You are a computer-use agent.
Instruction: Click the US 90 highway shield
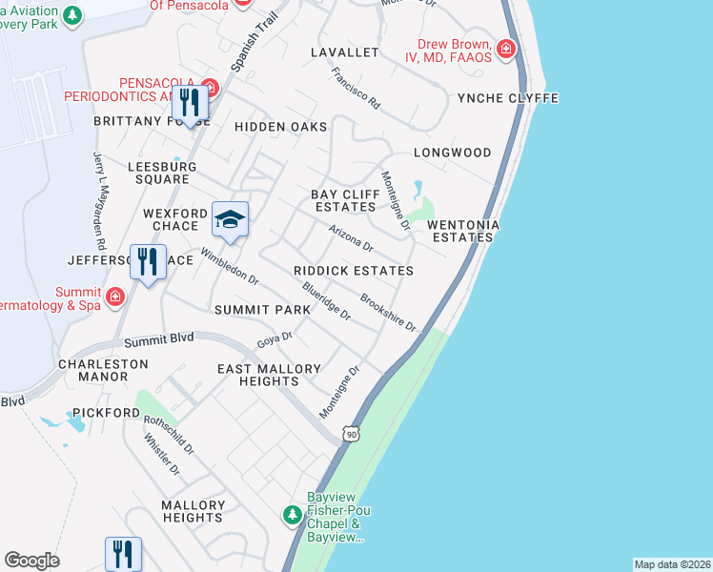coord(352,434)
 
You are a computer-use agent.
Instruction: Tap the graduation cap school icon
coord(230,219)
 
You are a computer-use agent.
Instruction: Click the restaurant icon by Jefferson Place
coord(147,260)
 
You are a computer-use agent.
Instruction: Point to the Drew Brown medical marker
coord(506,48)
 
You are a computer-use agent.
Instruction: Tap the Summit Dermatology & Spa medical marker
coord(115,296)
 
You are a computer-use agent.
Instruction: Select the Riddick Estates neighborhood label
coord(354,272)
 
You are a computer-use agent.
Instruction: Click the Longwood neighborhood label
coord(452,153)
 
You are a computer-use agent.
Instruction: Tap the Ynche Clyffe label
coord(507,98)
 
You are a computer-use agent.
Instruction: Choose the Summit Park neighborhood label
coord(262,310)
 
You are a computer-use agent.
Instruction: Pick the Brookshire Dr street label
coord(388,313)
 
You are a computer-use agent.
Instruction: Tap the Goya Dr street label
coord(274,340)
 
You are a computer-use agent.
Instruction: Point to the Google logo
coord(31,561)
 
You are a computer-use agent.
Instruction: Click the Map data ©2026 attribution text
coord(672,564)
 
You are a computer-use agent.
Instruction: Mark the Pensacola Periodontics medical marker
coord(210,89)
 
